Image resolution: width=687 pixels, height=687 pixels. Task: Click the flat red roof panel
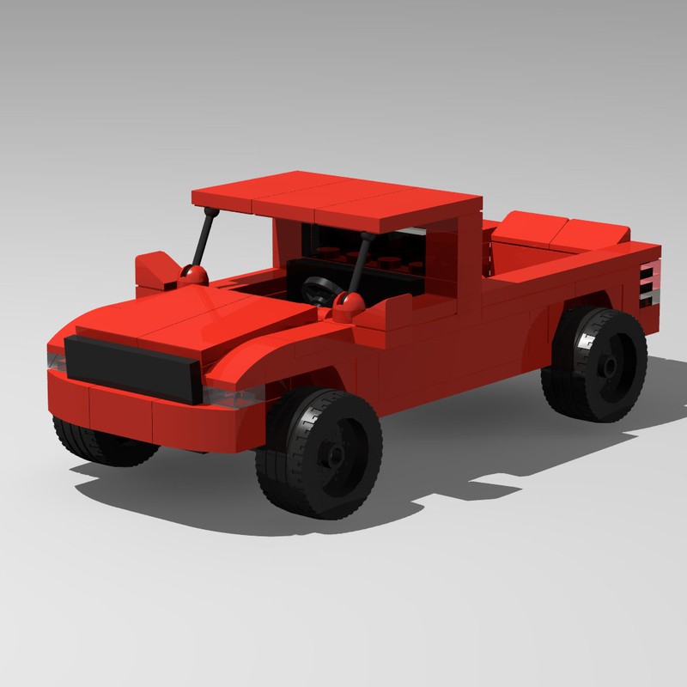335,193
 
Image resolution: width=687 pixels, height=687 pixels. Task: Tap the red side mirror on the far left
155,269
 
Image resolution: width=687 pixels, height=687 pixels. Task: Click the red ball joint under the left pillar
194,277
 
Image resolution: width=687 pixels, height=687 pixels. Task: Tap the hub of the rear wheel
608,366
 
